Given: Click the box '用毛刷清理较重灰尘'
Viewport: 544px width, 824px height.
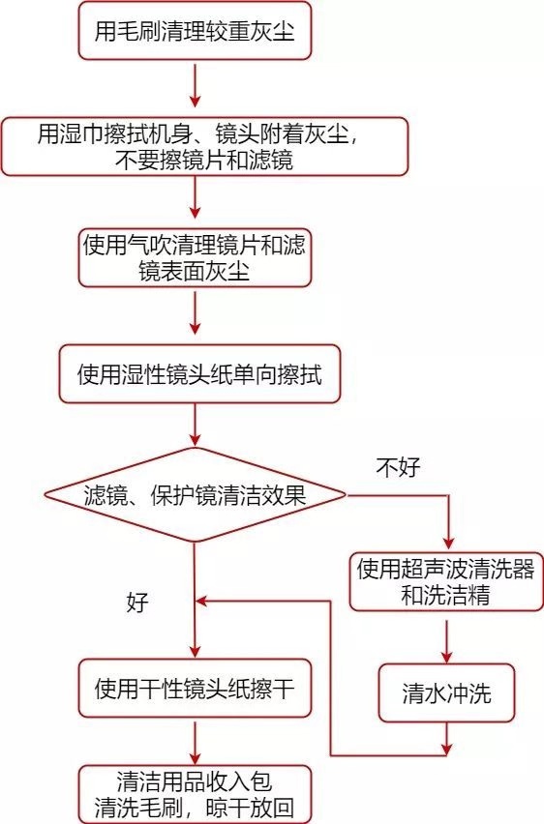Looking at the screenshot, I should [194, 33].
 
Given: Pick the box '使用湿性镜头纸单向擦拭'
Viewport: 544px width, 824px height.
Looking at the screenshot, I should [198, 371].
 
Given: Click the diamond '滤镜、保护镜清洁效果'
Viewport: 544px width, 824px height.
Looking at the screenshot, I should [195, 497].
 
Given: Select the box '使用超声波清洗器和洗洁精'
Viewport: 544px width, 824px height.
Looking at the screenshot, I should [445, 581].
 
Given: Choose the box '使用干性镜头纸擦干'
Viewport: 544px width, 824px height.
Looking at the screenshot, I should [196, 689].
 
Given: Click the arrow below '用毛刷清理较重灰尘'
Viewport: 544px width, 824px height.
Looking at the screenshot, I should [196, 87].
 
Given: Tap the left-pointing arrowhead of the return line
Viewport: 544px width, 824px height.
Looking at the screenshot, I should [203, 601].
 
